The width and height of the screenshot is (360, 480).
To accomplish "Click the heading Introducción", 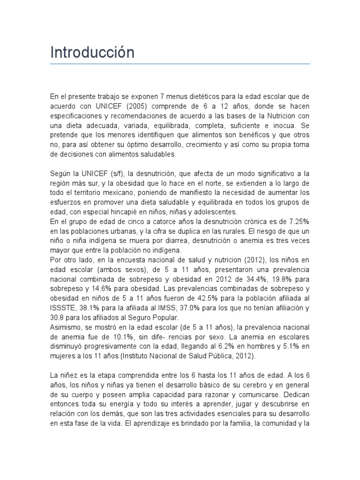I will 92,52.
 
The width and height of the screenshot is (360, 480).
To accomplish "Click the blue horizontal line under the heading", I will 180,63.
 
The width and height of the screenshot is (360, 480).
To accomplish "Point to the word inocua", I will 286,125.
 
